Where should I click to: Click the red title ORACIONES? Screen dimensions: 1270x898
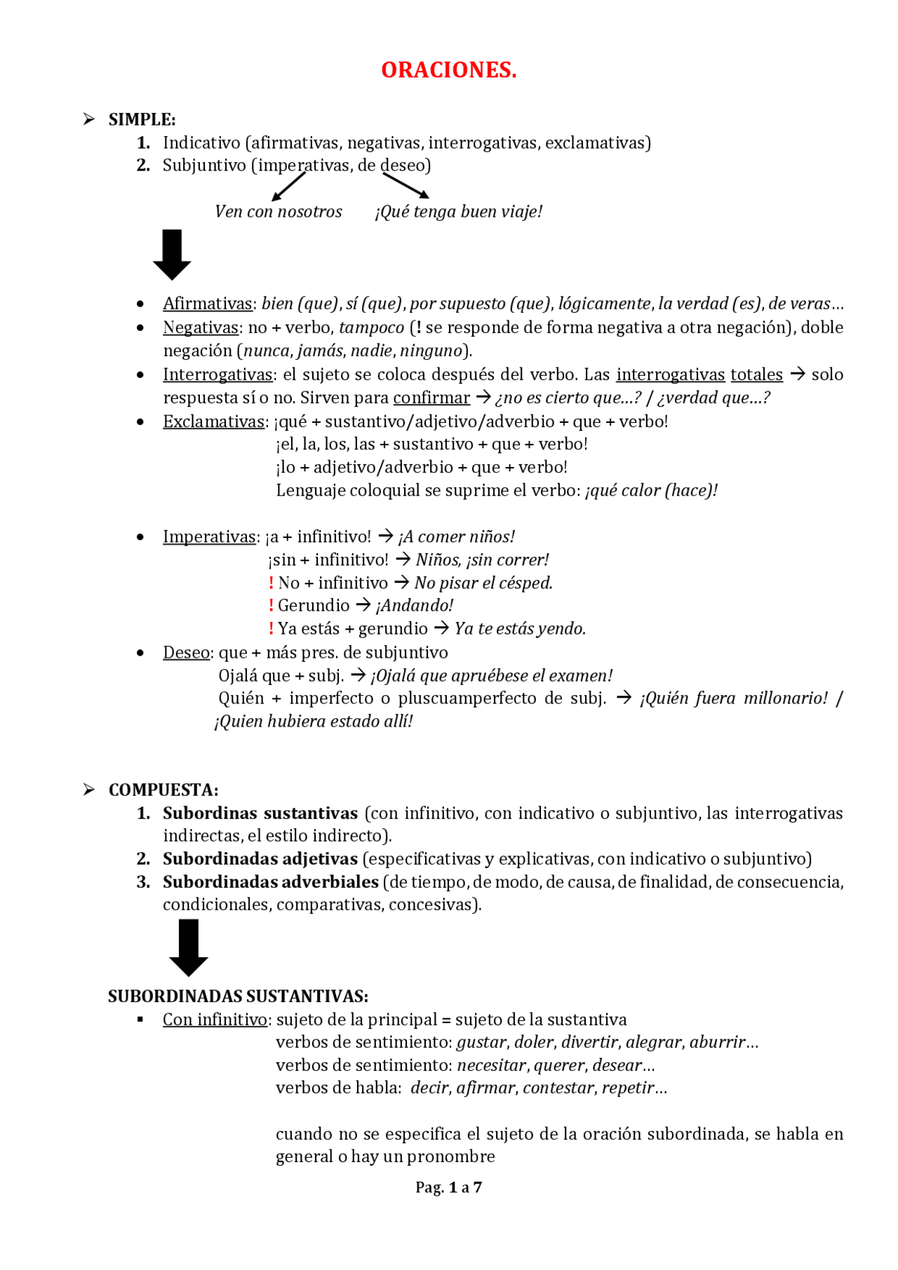tap(449, 70)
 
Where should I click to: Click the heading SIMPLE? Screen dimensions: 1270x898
tap(142, 119)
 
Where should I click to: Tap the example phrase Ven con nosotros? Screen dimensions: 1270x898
tap(279, 212)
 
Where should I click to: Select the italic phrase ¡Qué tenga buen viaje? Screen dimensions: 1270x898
tap(459, 212)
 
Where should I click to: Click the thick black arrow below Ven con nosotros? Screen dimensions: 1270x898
tap(172, 255)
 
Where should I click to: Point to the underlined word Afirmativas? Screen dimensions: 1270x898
tap(207, 304)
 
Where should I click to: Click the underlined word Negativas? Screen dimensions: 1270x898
tap(201, 327)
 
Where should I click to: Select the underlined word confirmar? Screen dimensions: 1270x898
tap(431, 398)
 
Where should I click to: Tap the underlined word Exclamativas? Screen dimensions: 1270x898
tap(214, 421)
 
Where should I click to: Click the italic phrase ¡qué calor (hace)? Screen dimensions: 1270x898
tap(651, 490)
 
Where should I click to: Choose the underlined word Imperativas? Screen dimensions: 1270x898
tap(209, 536)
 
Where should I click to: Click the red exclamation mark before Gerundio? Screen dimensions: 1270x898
tap(271, 605)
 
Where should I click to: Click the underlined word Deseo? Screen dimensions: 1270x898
tap(186, 652)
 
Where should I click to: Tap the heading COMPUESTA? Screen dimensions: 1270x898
tap(163, 790)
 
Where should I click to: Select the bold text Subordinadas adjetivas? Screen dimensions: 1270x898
tap(260, 858)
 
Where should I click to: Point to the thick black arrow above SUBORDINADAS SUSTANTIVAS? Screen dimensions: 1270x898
tap(189, 947)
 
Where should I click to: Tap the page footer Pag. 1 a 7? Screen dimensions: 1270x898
tap(449, 1187)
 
